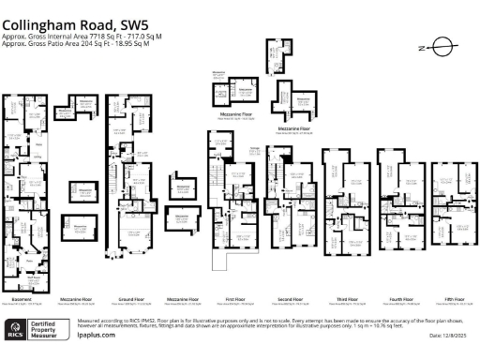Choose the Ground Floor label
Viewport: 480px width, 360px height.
tap(128, 300)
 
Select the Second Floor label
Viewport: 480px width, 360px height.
tap(292, 300)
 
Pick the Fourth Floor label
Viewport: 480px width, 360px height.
tap(402, 300)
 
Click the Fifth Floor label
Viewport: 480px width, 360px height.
tap(456, 300)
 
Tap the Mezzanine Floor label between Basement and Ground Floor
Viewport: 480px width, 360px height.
tap(76, 300)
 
